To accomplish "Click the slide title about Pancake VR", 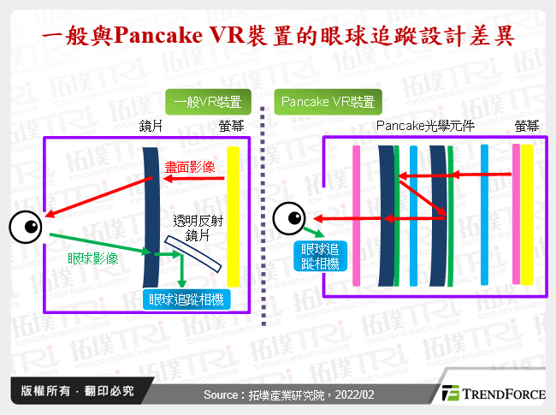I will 278,38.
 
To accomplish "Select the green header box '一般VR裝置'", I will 206,103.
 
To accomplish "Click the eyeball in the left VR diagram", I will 26,227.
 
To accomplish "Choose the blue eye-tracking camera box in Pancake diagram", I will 320,256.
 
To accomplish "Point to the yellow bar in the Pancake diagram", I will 527,214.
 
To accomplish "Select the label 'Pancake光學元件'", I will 425,127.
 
